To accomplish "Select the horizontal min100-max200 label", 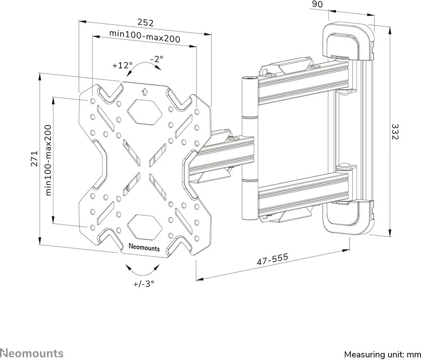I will (145, 38).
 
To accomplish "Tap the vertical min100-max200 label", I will (48, 160).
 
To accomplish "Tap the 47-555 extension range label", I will (272, 259).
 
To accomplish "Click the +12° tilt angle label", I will (122, 65).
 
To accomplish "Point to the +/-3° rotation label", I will (144, 283).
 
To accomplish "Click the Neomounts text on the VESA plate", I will (145, 248).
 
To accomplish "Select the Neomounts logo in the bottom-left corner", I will (32, 353).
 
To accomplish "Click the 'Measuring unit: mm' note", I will (382, 354).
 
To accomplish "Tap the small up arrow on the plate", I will (144, 92).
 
